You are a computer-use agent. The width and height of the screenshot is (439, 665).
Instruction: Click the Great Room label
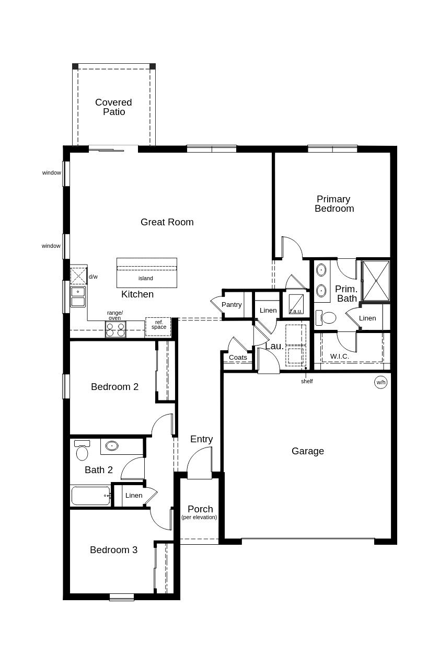coord(167,222)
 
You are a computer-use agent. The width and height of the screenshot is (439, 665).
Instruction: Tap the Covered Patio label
coord(114,107)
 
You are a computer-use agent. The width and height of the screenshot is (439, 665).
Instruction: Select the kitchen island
coord(147,273)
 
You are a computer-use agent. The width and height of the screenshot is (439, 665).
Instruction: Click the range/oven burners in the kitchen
coord(115,329)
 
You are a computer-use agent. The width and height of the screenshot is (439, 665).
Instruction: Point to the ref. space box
coord(158,327)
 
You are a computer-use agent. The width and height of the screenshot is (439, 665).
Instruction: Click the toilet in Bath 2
coord(82,450)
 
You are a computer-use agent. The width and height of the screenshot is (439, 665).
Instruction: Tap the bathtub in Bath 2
coord(91,496)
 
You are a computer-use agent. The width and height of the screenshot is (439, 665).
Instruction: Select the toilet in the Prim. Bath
coord(325,317)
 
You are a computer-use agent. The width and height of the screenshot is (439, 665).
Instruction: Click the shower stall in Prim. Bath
coord(376,281)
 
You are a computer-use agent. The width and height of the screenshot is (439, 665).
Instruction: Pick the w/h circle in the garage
coord(381,382)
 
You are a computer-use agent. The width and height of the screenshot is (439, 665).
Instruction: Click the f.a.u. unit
coord(296,304)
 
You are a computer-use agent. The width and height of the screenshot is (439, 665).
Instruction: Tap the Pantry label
coord(232,305)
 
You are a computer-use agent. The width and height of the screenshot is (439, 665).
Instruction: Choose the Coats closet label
coord(238,358)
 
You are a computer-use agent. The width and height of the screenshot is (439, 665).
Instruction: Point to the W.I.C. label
coord(339,356)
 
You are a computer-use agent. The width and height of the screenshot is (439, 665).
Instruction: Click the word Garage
coord(308,451)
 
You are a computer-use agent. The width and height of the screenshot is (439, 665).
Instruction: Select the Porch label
coord(200,509)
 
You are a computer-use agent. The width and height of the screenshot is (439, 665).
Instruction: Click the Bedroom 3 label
coord(114,550)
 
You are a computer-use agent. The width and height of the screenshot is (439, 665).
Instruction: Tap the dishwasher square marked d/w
coord(78,276)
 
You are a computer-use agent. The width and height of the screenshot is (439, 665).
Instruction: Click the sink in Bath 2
coord(112,445)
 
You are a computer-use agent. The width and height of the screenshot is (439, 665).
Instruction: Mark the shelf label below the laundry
coord(307,381)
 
